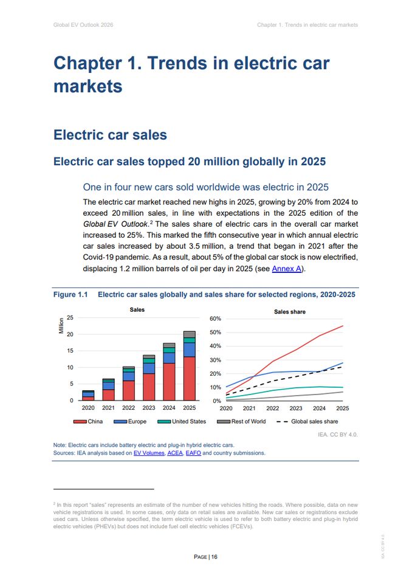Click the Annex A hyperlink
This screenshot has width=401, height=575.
[287, 269]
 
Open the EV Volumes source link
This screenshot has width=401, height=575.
[149, 453]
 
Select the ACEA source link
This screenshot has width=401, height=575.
[175, 453]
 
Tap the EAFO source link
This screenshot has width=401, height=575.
[193, 453]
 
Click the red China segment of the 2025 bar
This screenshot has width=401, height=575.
[189, 379]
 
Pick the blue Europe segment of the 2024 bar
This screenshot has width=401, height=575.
[169, 358]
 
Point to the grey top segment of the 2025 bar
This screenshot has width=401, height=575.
[189, 334]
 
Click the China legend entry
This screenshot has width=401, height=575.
[88, 422]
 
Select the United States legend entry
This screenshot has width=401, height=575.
[182, 422]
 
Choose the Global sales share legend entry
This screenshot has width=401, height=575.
[307, 422]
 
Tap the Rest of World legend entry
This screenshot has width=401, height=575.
[241, 422]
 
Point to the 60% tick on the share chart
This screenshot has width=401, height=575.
[215, 318]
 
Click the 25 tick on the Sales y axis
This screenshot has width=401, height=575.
[70, 317]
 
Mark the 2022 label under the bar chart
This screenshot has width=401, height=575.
[128, 408]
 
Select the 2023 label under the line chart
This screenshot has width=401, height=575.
[296, 408]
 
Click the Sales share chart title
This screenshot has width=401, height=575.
[290, 312]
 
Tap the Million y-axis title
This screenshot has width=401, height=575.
[61, 326]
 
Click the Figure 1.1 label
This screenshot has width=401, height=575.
[70, 294]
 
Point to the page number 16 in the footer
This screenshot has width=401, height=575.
[214, 557]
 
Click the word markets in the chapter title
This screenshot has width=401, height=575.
[88, 86]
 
